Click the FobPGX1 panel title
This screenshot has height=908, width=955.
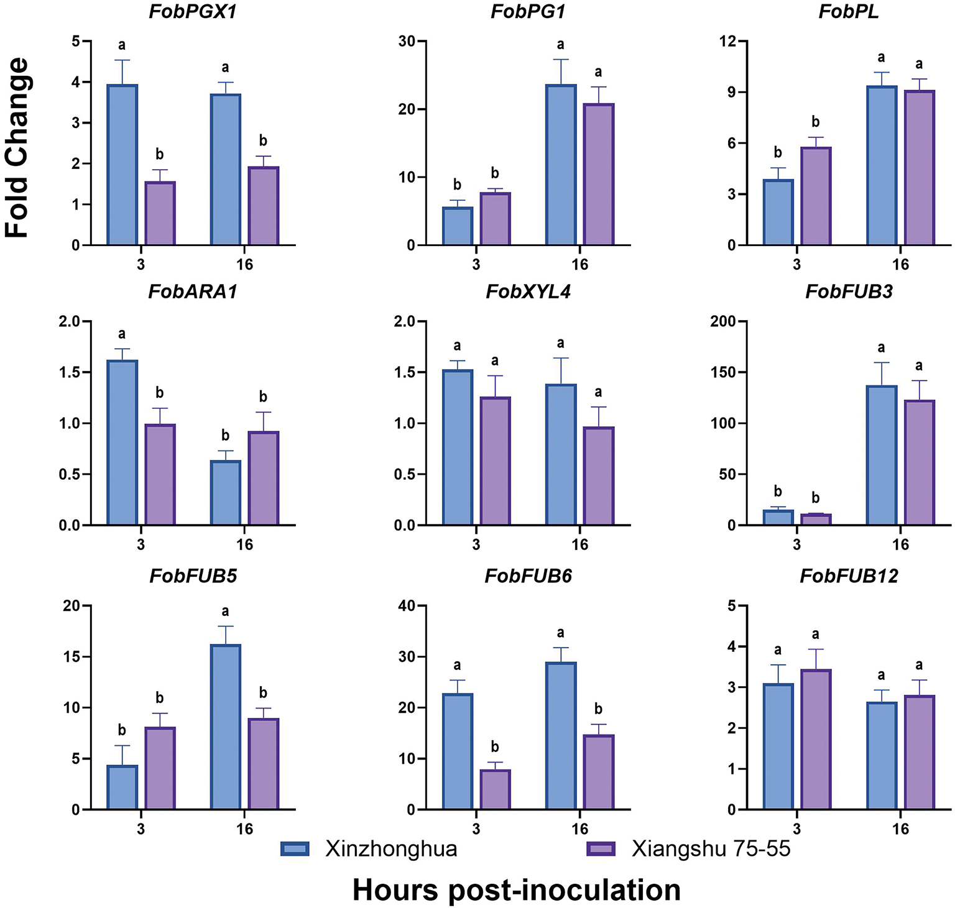193,12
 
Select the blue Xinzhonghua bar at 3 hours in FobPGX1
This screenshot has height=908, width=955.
122,165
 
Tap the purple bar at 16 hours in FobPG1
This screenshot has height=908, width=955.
598,174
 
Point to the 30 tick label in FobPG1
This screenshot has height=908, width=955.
407,42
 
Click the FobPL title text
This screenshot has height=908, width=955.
849,12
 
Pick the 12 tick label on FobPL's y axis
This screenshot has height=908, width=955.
728,42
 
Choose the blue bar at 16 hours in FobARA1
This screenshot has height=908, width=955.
226,493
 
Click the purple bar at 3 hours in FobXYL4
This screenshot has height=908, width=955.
495,461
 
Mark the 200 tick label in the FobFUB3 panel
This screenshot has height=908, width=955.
722,321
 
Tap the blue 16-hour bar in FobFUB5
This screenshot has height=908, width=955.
226,727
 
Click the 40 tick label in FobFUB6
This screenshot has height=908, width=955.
407,606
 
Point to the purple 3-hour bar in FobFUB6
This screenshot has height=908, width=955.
495,789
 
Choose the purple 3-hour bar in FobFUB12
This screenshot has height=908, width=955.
816,740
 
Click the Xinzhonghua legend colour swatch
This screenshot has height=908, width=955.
295,849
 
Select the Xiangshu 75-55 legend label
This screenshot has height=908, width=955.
711,849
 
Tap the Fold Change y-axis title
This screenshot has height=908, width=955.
17,148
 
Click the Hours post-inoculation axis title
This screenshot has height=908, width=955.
516,890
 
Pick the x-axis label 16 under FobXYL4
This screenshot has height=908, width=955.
579,544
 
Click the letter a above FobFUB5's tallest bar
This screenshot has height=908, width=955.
226,612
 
